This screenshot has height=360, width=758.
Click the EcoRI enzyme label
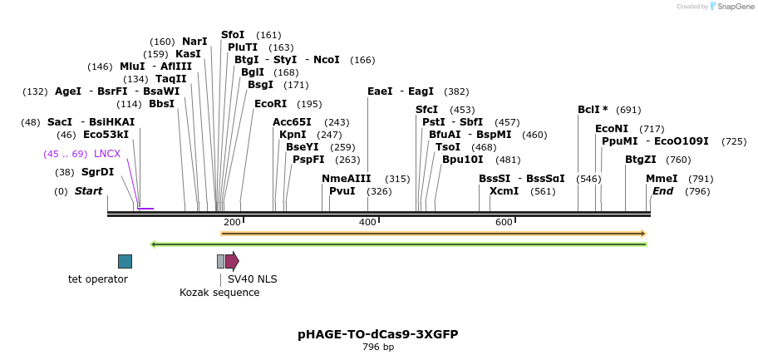(270, 104)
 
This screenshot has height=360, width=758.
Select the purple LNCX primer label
(107, 154)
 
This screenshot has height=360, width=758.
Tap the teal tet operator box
(125, 261)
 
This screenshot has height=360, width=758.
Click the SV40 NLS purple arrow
(232, 261)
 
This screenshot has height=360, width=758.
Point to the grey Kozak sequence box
(220, 261)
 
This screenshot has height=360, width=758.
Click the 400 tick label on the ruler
(367, 223)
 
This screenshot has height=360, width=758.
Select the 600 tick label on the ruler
(504, 223)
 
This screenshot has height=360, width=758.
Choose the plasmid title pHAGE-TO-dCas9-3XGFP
(378, 334)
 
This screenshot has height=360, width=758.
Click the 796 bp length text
(378, 348)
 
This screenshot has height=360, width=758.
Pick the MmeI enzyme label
(662, 179)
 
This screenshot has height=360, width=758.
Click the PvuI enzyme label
(342, 191)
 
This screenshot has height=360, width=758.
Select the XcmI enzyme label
(504, 191)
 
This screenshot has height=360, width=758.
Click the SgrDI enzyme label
(97, 172)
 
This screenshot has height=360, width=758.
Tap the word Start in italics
(88, 191)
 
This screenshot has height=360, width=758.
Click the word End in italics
(662, 191)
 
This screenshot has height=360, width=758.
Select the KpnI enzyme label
(293, 135)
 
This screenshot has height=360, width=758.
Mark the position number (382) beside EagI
(456, 91)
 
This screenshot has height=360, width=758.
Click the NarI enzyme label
(194, 42)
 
